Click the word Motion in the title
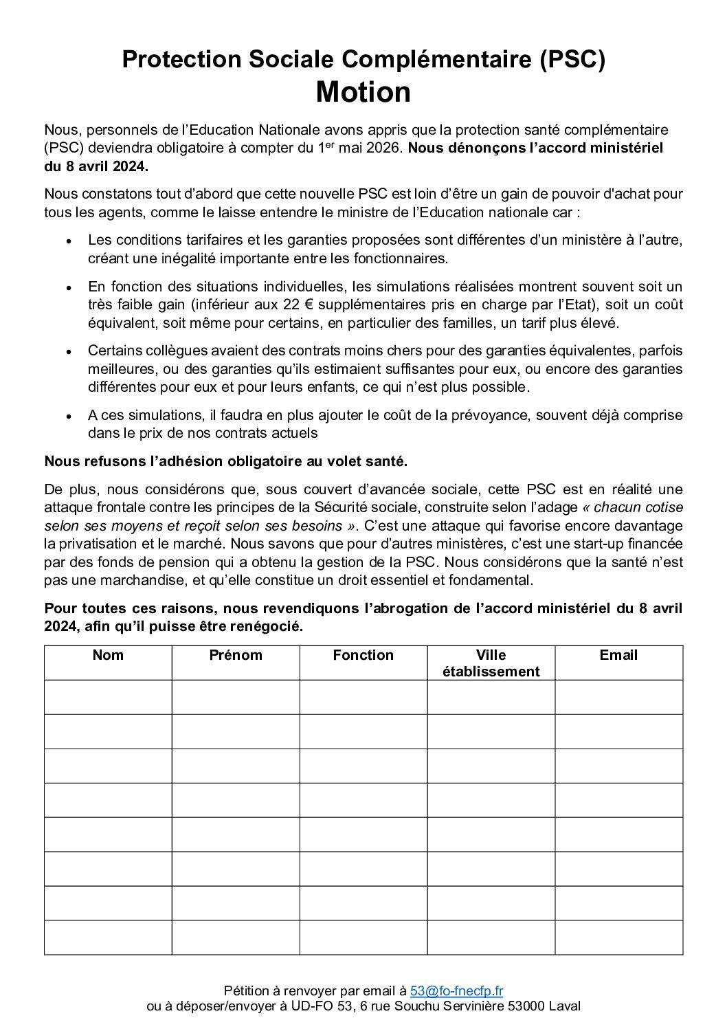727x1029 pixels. tap(363, 92)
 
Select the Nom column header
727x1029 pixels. tap(108, 655)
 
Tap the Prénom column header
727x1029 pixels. tap(236, 655)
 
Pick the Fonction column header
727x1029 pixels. tap(363, 655)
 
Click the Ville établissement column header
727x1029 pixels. tap(491, 663)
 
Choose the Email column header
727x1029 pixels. tap(618, 655)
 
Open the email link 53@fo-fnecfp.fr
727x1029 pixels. tap(456, 991)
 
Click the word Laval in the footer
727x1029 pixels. tap(564, 1006)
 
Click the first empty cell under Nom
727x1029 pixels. tap(108, 697)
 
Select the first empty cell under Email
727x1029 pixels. tap(618, 697)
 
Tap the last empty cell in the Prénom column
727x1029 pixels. tap(236, 938)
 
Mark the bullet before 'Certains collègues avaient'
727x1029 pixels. tap(69, 351)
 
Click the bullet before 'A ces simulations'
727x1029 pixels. tap(69, 416)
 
